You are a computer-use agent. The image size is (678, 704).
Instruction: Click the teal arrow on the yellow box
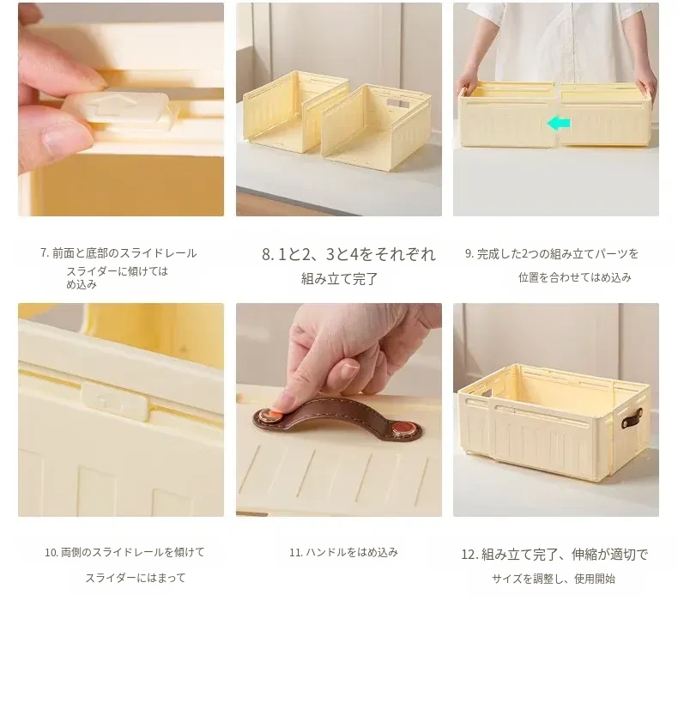(559, 123)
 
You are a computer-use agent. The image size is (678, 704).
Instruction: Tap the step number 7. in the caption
(45, 252)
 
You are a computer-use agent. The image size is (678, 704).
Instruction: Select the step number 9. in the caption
(469, 253)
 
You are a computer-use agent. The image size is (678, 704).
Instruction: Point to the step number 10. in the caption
(51, 552)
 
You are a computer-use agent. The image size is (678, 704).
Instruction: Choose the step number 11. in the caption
(296, 552)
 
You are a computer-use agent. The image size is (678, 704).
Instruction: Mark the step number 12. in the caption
(469, 555)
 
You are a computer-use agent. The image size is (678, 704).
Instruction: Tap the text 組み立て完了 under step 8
(339, 279)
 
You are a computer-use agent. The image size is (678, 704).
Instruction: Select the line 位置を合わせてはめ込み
(575, 277)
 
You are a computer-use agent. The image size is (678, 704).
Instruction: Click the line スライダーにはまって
(136, 578)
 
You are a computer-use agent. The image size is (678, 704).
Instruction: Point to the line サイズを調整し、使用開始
(554, 579)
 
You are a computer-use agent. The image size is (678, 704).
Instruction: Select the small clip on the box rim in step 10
(115, 400)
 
